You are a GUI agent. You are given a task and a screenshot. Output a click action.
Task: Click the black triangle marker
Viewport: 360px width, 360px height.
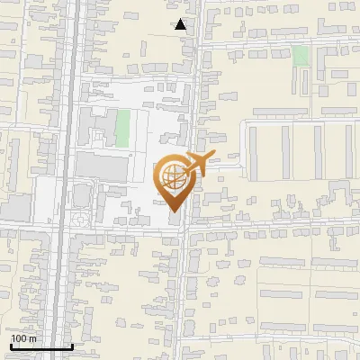point(181,24)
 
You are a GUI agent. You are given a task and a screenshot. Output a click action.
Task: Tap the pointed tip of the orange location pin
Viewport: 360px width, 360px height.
point(174,211)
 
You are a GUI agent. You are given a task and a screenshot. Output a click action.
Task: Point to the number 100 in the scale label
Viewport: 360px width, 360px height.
point(19,338)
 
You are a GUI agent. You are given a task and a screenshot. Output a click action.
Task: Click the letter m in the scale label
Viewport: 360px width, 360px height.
point(32,338)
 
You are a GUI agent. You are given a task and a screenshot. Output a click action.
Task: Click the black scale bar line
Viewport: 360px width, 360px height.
point(40,346)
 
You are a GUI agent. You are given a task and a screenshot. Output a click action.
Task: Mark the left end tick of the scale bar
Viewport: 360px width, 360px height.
point(9,345)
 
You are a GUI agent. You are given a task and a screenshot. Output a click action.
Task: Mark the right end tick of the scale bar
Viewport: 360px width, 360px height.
point(72,345)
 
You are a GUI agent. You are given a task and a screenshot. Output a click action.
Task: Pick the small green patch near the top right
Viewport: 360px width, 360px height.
point(301,56)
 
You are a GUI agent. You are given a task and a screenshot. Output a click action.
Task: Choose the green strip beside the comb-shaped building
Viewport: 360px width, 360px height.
point(122,128)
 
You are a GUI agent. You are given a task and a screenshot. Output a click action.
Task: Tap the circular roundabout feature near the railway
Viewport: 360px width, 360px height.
point(81,219)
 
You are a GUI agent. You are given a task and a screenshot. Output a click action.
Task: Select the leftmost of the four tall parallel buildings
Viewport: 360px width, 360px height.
point(253,149)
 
